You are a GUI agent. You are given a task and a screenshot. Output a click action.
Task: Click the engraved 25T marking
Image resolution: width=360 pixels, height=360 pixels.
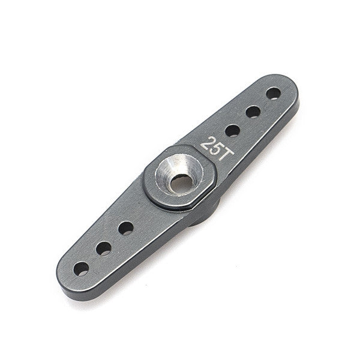point(217,149)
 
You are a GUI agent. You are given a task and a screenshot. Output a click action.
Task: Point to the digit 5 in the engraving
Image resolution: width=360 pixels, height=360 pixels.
point(216,149)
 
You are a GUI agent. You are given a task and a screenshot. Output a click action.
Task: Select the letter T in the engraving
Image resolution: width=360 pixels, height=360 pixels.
point(226,154)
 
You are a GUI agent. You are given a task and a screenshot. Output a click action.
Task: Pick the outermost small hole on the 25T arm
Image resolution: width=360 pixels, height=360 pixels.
point(273,94)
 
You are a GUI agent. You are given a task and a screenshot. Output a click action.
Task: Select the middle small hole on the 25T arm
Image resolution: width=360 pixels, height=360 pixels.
point(253,112)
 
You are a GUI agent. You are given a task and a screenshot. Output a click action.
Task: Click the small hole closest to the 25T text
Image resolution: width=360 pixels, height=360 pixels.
point(233,131)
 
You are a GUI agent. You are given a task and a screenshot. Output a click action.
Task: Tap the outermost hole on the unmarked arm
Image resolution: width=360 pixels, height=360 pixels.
point(81,269)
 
